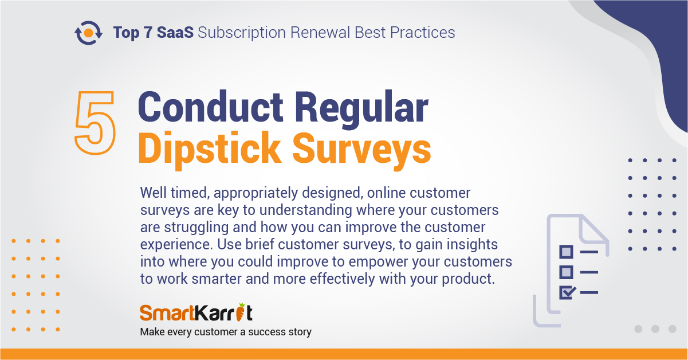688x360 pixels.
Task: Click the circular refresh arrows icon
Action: pyautogui.click(x=88, y=33)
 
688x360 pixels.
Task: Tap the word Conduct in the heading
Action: pyautogui.click(x=210, y=107)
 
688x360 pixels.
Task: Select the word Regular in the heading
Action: pyautogui.click(x=361, y=109)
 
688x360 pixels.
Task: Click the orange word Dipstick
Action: pyautogui.click(x=210, y=149)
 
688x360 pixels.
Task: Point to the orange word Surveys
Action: pyautogui.click(x=362, y=151)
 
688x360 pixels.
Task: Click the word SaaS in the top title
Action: pyautogui.click(x=175, y=32)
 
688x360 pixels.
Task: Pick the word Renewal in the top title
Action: pyautogui.click(x=320, y=32)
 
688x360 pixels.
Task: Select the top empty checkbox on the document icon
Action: pyautogui.click(x=566, y=252)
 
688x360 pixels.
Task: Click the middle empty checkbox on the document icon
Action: pyautogui.click(x=566, y=272)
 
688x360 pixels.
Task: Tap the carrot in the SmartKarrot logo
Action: pyautogui.click(x=241, y=312)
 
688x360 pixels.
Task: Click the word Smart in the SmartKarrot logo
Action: pyautogui.click(x=167, y=313)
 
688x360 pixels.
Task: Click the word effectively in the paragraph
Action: pyautogui.click(x=342, y=279)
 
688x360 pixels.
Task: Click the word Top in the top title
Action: pyautogui.click(x=126, y=33)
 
